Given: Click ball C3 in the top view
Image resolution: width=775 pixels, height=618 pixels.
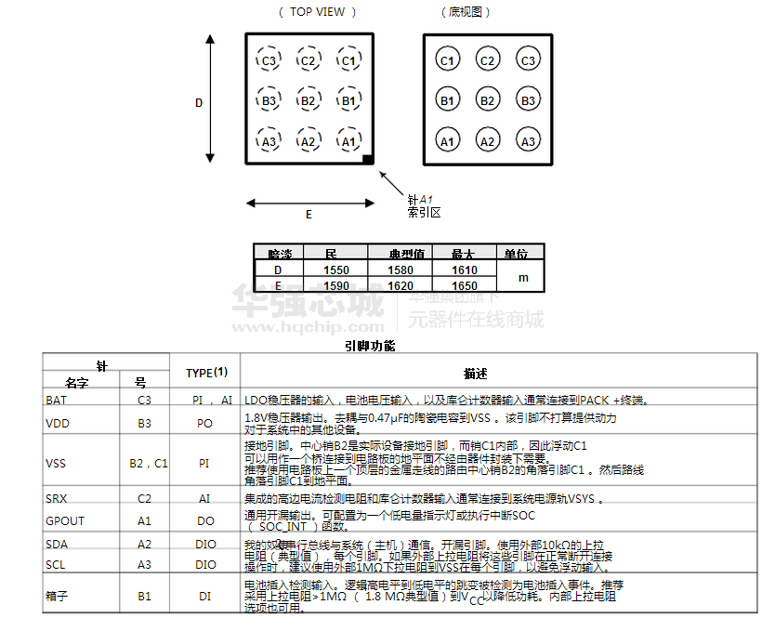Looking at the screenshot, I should pos(269,61).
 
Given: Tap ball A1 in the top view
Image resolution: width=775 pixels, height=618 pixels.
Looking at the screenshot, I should pos(348,141).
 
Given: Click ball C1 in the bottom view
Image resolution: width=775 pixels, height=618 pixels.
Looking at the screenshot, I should pos(447,61).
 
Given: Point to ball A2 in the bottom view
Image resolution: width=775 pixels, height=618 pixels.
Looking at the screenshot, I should pos(487,141).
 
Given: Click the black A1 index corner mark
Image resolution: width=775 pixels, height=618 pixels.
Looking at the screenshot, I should pos(368,161).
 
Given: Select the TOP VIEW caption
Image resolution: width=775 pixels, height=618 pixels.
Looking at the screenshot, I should pos(317,12).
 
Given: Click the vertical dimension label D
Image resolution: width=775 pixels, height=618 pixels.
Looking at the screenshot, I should pos(198,103).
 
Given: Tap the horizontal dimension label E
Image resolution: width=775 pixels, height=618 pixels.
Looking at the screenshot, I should pos(309,214).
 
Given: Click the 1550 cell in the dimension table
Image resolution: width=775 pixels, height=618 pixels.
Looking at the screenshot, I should pos(335,270).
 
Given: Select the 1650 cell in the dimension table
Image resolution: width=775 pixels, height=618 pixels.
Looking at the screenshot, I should pos(464,285).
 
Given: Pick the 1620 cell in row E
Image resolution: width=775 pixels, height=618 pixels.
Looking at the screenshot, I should pos(400,285).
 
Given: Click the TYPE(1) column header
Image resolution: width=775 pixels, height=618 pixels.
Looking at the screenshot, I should pos(206,373).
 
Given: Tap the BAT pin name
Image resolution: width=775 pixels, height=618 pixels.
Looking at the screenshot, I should pos(56,400).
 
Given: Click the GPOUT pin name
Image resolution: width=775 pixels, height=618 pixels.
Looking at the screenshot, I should pos(64,520).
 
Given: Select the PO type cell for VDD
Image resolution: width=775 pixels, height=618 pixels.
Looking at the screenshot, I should pos(205,423).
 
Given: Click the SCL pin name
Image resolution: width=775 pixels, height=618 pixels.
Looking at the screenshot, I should pos(55,564).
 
